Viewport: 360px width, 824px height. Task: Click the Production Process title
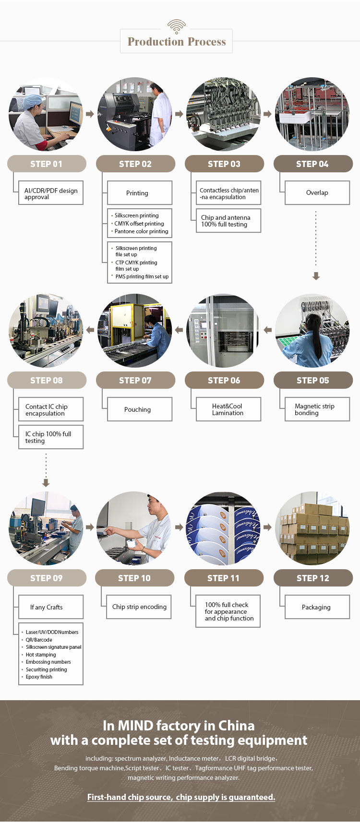click(177, 42)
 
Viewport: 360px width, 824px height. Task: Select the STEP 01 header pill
click(47, 164)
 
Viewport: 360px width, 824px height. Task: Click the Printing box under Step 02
click(139, 193)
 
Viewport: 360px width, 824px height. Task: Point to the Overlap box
click(317, 192)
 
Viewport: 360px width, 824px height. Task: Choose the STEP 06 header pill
click(224, 380)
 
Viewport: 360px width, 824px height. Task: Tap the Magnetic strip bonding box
click(317, 409)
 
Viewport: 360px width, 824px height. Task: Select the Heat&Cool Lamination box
click(228, 409)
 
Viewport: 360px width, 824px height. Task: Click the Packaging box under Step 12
click(317, 607)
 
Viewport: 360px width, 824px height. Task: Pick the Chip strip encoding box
click(139, 607)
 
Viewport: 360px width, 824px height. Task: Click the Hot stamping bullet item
click(41, 655)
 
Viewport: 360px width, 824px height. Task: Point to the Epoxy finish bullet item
click(39, 677)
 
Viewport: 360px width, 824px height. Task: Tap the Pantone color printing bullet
click(141, 231)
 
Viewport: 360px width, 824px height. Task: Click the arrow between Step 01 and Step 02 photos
click(90, 114)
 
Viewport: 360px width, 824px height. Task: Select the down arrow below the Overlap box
click(316, 276)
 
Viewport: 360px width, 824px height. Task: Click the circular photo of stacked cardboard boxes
click(312, 528)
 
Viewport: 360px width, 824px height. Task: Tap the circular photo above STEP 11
click(223, 528)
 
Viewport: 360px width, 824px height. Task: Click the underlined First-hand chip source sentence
click(181, 797)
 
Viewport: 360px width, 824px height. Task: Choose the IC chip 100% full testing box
click(50, 437)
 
